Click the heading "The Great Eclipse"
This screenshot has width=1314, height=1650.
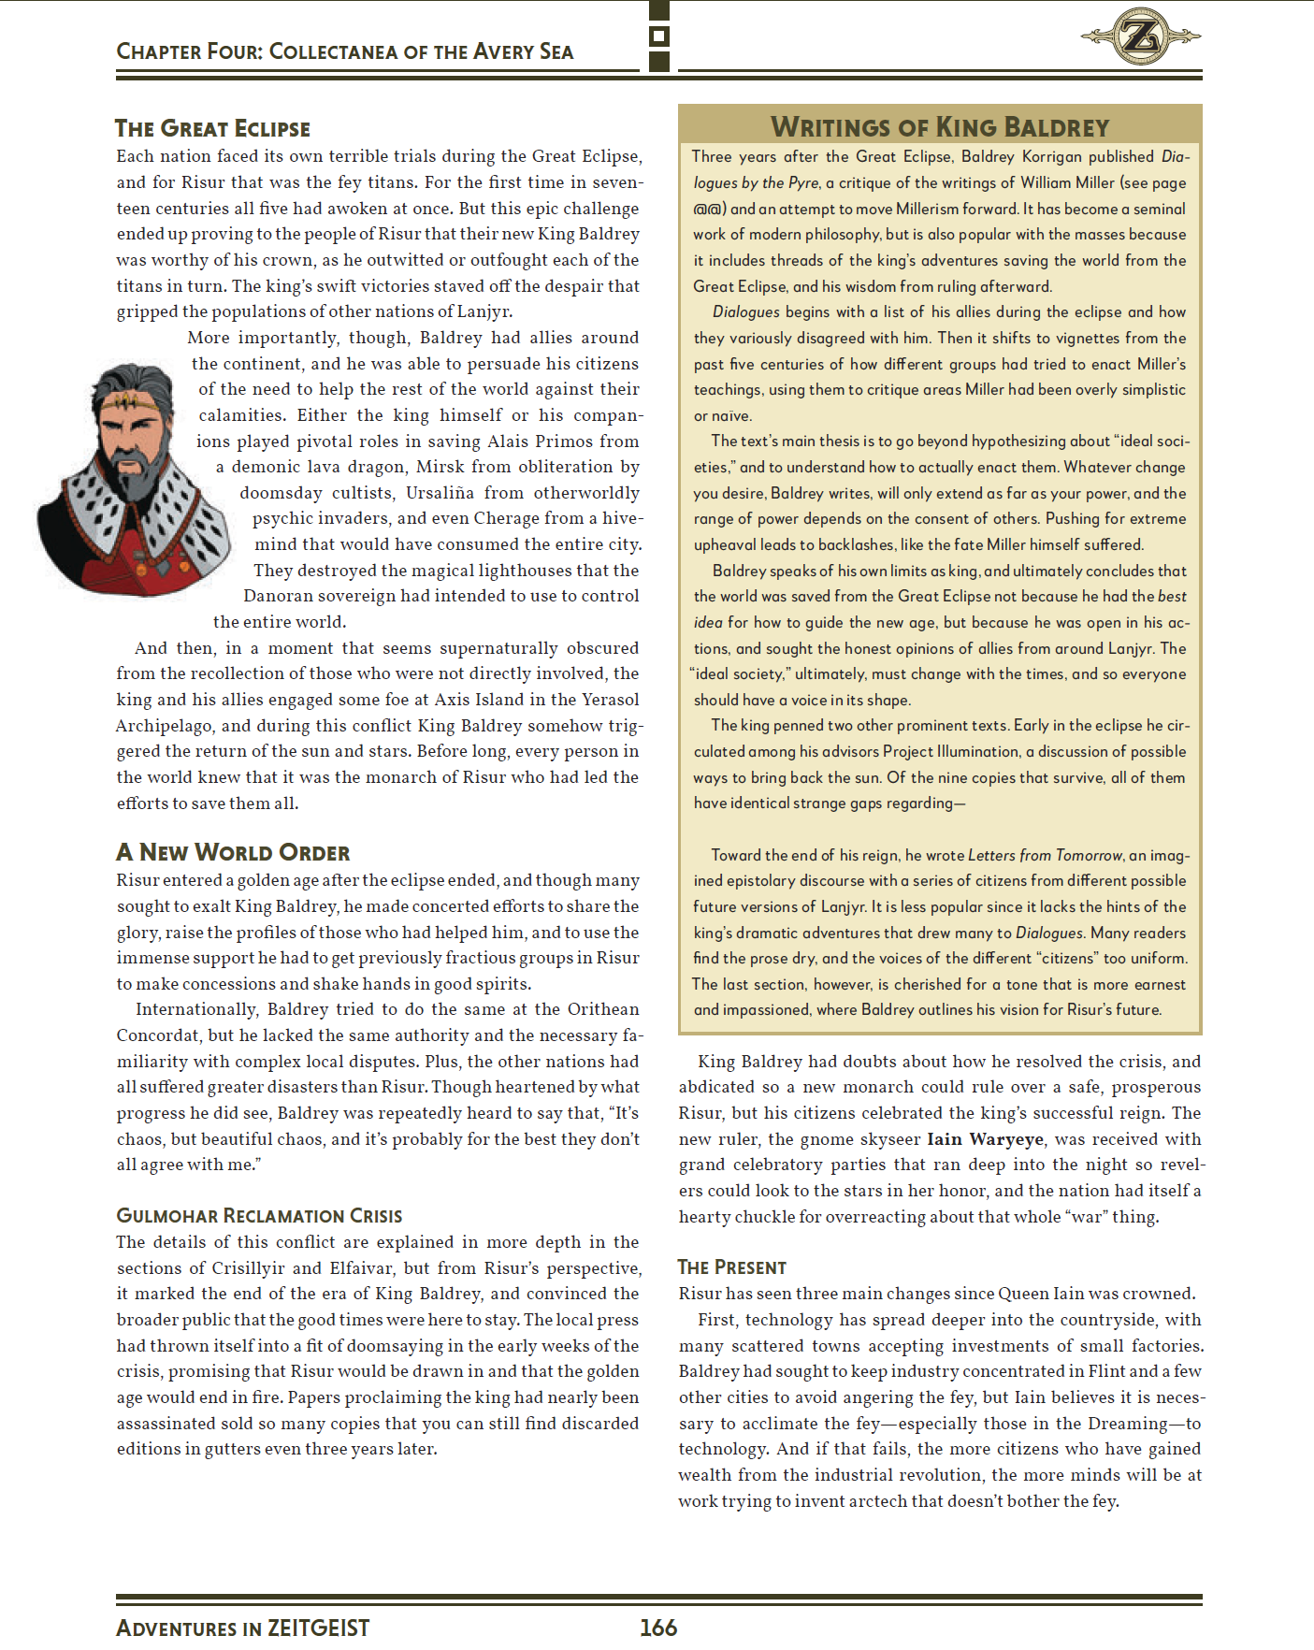[212, 128]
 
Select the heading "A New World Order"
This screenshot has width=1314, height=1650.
[233, 852]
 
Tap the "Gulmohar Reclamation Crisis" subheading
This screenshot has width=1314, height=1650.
[259, 1215]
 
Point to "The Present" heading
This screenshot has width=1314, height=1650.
[731, 1267]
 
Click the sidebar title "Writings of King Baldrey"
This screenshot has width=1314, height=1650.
[939, 126]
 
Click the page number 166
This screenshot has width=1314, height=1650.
[658, 1628]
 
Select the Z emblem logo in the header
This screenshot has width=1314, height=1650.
[1141, 36]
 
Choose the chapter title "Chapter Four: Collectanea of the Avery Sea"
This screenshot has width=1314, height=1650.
[344, 51]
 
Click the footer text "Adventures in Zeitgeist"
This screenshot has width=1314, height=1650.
[243, 1628]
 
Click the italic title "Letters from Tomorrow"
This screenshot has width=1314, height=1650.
[1045, 855]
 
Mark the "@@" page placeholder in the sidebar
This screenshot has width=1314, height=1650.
[709, 209]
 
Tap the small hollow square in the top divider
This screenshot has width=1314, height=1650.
[659, 36]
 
